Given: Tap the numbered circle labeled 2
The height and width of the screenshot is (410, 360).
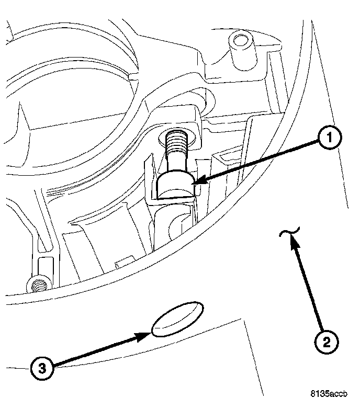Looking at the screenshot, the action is [x=325, y=343].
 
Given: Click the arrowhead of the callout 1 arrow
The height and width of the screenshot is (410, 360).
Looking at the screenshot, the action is [x=196, y=181].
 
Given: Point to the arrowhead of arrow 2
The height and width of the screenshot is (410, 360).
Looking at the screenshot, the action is [x=293, y=240].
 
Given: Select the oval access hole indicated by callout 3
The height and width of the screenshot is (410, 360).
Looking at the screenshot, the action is [x=178, y=318].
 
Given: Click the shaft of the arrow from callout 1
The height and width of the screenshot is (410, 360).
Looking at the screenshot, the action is [x=256, y=162].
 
